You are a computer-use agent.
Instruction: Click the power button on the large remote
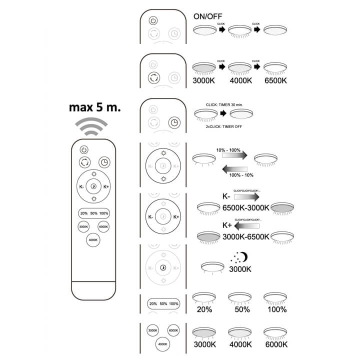coord(84,149)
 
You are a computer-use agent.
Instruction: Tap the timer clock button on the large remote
coord(103,162)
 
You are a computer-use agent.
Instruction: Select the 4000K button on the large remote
coord(93,240)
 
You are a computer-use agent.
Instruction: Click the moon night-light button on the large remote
coord(93,187)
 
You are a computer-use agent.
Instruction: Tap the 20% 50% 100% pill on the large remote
coord(93,213)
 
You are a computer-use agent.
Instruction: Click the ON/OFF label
coord(208,16)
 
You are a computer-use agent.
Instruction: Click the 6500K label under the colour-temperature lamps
coord(275,80)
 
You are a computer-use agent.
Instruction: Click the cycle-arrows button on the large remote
coord(84,162)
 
